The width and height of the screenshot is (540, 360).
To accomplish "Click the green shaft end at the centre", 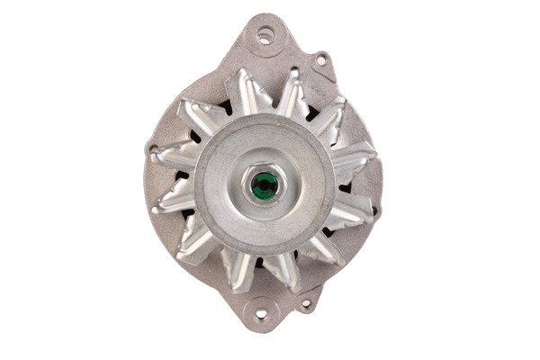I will tap(264, 186).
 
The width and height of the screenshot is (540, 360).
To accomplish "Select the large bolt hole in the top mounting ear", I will tap(265, 37).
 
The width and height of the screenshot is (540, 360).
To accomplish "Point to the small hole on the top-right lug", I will tap(319, 61).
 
